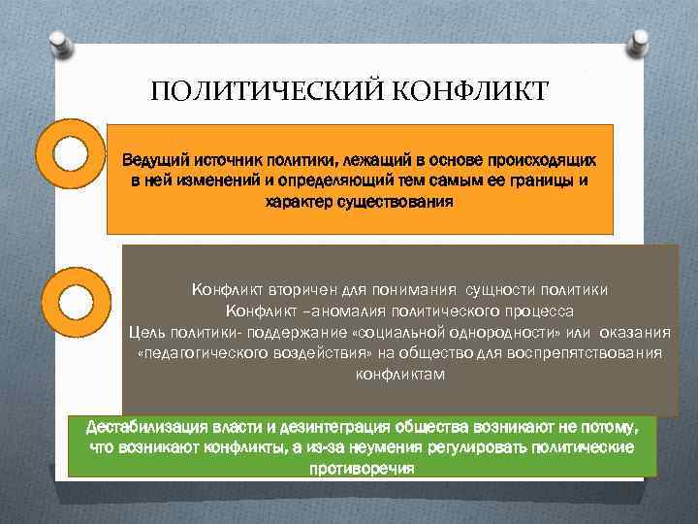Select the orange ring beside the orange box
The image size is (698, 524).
coord(69,152)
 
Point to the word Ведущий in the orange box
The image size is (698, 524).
coord(154,159)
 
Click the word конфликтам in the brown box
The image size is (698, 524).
coord(400,375)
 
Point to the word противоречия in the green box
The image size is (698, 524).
coord(362,468)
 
